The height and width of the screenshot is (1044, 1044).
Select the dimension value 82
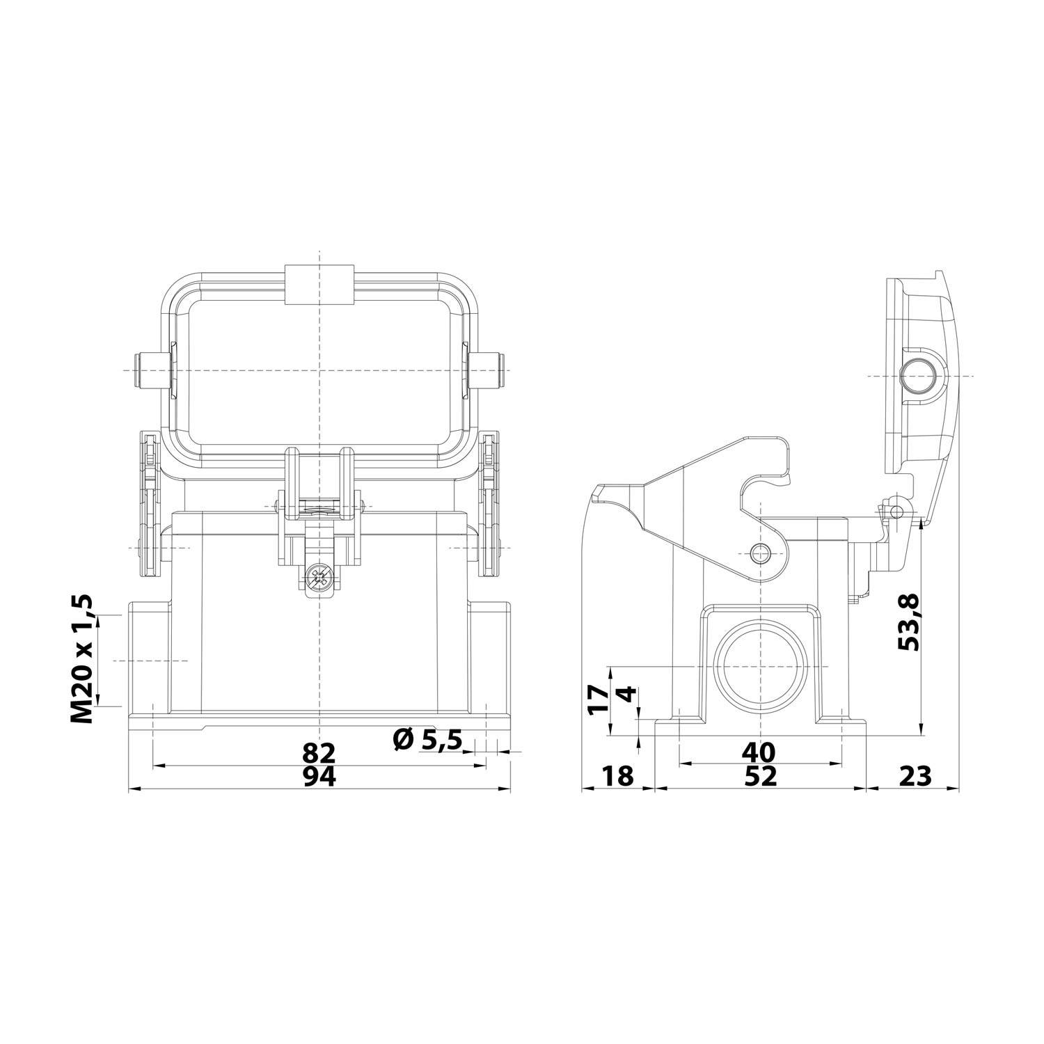coord(319,752)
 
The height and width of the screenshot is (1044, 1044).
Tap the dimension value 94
coord(319,777)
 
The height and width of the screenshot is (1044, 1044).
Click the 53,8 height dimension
coord(909,622)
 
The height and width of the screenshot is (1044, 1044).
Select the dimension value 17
coord(598,700)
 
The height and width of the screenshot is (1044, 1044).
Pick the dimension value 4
coord(627,695)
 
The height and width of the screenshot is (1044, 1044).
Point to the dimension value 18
coord(617,775)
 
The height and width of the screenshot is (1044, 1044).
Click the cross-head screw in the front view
coord(319,576)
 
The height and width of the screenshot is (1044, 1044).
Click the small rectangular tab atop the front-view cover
coord(319,285)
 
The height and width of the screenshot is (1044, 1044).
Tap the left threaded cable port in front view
coord(149,661)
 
